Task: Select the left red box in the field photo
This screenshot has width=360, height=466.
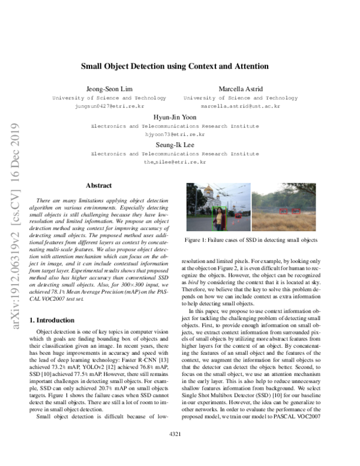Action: [283, 211]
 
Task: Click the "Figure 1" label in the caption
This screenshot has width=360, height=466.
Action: [197, 240]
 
